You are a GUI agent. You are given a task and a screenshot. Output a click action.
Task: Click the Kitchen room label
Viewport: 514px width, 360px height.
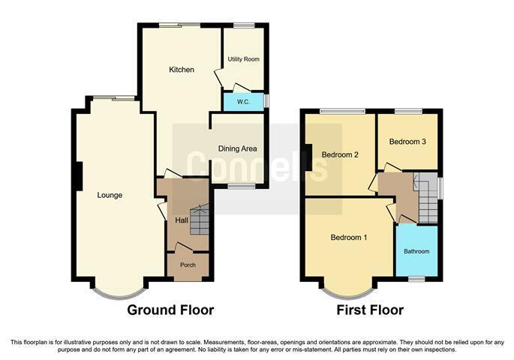182,70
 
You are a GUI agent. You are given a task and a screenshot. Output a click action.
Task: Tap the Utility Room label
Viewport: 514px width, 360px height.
244,59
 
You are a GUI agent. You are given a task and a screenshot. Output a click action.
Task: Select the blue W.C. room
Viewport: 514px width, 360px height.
244,102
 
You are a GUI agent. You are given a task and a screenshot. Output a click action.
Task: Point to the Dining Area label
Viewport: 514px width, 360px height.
238,148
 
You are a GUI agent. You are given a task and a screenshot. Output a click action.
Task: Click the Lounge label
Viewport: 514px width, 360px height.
110,195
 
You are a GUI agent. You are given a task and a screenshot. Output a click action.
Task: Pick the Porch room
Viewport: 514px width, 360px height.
188,266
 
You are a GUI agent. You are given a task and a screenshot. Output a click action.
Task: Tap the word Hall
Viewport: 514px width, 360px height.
182,220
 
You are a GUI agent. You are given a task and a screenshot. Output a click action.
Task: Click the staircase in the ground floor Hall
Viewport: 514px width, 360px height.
200,219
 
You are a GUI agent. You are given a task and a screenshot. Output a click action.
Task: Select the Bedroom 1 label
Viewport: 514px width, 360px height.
348,237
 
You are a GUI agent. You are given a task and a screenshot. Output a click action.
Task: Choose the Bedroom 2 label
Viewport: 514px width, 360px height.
340,154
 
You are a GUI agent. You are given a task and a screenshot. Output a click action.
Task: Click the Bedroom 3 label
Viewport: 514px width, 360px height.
407,142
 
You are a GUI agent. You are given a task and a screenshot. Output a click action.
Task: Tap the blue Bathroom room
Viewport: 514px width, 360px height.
416,251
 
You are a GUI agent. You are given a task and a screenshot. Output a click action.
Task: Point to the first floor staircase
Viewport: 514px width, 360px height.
428,197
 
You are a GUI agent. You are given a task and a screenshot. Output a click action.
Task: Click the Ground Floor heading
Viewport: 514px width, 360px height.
170,310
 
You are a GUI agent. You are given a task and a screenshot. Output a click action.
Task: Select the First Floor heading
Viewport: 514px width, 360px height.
370,310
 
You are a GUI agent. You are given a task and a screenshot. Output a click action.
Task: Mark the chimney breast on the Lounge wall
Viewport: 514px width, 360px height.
79,176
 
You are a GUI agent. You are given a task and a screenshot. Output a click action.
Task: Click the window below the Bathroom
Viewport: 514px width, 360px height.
416,279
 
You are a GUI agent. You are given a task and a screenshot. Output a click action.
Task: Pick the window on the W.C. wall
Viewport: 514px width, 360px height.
266,101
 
